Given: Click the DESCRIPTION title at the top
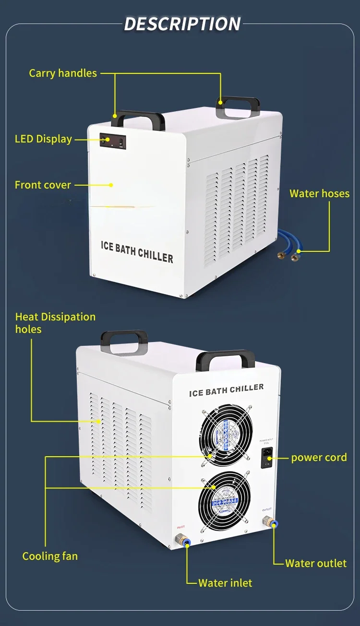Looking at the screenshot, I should (x=182, y=24).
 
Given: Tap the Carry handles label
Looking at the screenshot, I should (x=63, y=73).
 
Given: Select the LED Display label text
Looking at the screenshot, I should (x=43, y=139).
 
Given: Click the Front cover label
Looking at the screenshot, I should (x=43, y=185).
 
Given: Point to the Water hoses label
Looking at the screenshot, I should (x=319, y=194).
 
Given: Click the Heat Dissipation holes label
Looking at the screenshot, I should (x=55, y=323).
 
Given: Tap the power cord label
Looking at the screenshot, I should (x=319, y=458).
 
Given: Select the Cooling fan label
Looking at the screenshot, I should (x=50, y=556).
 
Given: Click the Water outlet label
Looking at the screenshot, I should (x=315, y=563).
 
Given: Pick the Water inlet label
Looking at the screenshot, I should (x=225, y=583).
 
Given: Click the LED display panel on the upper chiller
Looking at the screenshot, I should (x=113, y=141).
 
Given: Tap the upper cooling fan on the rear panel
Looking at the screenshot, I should (x=224, y=435).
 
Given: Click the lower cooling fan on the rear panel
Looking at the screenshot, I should (x=225, y=501).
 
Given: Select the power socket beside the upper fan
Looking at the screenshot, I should (x=266, y=458).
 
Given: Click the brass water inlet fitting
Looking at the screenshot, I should (x=182, y=539).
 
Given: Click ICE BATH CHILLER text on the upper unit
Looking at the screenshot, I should (x=137, y=251).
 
